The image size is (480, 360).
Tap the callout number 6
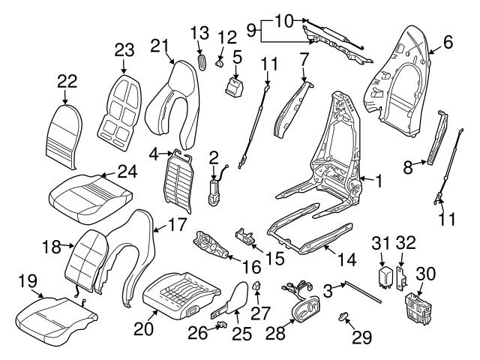point(447,43)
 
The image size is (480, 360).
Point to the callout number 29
point(361,337)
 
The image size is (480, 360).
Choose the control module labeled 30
point(418,307)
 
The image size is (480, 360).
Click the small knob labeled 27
point(257,285)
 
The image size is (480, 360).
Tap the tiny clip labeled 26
point(223,325)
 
